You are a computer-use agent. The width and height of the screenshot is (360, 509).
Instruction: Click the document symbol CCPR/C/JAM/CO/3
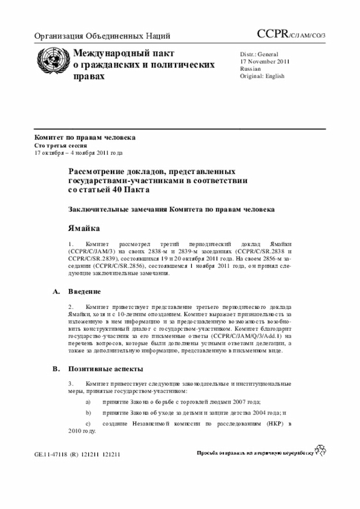[295, 35]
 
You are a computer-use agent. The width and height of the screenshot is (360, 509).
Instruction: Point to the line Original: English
[263, 75]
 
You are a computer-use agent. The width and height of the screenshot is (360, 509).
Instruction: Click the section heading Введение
[84, 291]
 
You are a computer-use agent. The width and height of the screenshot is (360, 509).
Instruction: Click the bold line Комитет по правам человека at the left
[84, 137]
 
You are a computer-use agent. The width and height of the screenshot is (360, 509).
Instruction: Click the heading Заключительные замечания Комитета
[172, 209]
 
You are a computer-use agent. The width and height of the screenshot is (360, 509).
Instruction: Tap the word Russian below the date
[250, 69]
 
